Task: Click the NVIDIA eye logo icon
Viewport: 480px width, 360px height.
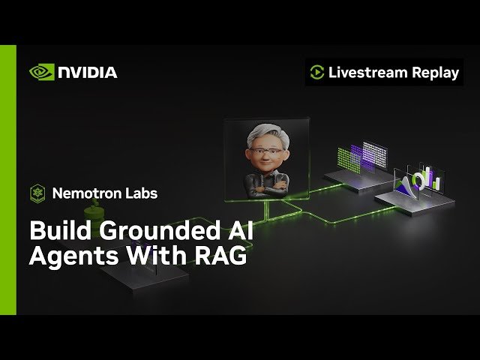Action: click(x=40, y=72)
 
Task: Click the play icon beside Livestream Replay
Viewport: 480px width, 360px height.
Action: click(x=316, y=73)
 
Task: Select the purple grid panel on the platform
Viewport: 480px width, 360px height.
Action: click(x=372, y=156)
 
